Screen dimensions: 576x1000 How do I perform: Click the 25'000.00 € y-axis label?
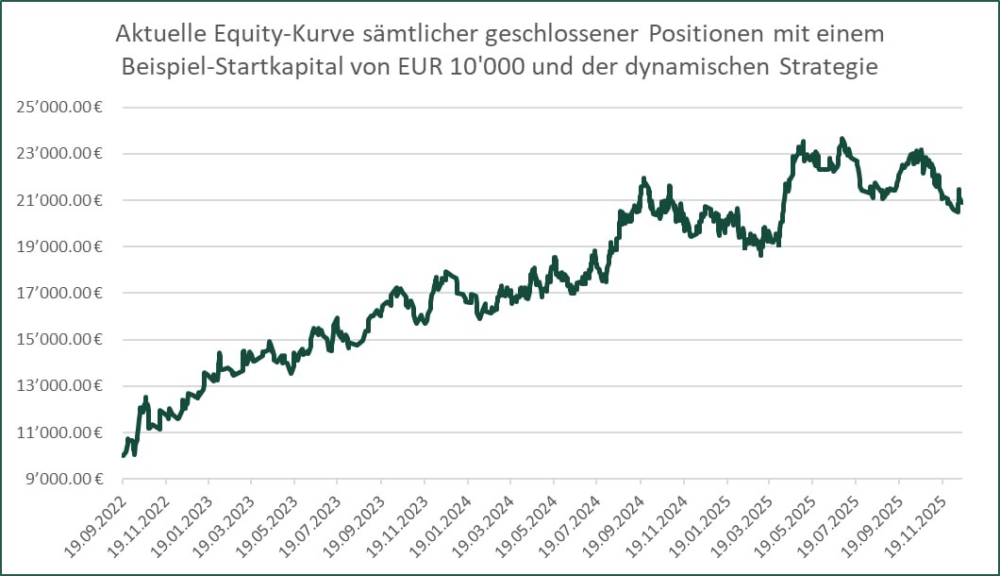click(58, 107)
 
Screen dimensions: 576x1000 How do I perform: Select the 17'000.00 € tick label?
click(58, 294)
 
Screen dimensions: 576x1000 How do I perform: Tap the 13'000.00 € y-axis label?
click(58, 386)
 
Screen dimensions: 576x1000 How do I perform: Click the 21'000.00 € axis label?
click(58, 200)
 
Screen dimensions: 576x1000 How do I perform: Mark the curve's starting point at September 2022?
click(124, 456)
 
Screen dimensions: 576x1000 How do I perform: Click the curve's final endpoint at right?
click(961, 202)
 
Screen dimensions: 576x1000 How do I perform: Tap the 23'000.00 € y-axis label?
click(58, 154)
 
